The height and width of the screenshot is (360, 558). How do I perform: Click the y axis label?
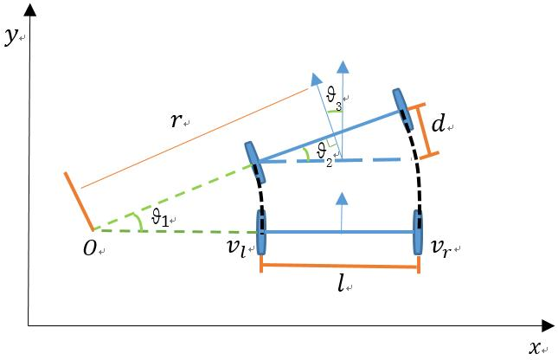click(10, 36)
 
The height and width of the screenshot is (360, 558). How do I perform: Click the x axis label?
click(535, 347)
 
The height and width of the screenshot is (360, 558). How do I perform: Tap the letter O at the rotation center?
click(90, 248)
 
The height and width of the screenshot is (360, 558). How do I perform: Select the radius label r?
click(176, 121)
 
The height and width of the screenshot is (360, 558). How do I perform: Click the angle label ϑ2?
click(324, 154)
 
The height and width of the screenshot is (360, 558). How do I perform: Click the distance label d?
click(439, 124)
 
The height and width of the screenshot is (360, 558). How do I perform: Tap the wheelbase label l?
click(342, 284)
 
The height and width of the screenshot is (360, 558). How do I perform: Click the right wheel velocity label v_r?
click(441, 247)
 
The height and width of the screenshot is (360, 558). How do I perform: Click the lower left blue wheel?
click(261, 232)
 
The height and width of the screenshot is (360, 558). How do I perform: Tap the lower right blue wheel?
click(418, 232)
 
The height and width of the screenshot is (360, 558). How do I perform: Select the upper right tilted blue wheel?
click(403, 110)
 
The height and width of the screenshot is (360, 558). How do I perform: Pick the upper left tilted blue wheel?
click(255, 163)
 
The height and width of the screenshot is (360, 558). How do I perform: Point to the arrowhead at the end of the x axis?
click(548, 325)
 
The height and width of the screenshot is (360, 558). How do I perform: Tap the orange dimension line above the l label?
click(340, 266)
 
